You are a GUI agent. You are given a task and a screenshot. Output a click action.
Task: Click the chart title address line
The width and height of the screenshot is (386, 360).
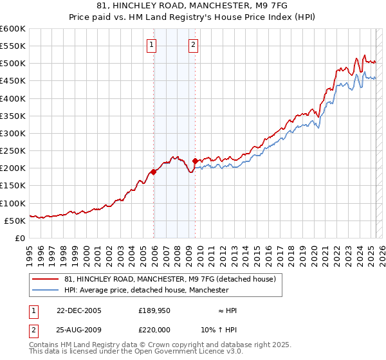(193, 6)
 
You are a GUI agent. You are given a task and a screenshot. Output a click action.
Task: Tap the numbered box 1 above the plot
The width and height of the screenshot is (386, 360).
(151, 45)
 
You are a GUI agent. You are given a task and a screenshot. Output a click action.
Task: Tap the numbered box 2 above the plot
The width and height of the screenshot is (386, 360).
(193, 45)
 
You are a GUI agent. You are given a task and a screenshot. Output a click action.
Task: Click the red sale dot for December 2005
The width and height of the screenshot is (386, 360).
(154, 172)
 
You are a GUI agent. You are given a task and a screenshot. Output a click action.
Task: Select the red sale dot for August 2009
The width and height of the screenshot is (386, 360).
(196, 161)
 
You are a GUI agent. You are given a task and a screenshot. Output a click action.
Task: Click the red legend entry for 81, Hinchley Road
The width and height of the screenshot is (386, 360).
(170, 279)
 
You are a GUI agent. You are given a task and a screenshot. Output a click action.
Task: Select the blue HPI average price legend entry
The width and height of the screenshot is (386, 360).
(146, 290)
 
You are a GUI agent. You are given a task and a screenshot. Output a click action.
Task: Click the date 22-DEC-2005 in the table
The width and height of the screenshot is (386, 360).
(79, 310)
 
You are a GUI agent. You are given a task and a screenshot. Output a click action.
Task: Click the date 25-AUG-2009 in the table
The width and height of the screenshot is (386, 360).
(79, 331)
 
